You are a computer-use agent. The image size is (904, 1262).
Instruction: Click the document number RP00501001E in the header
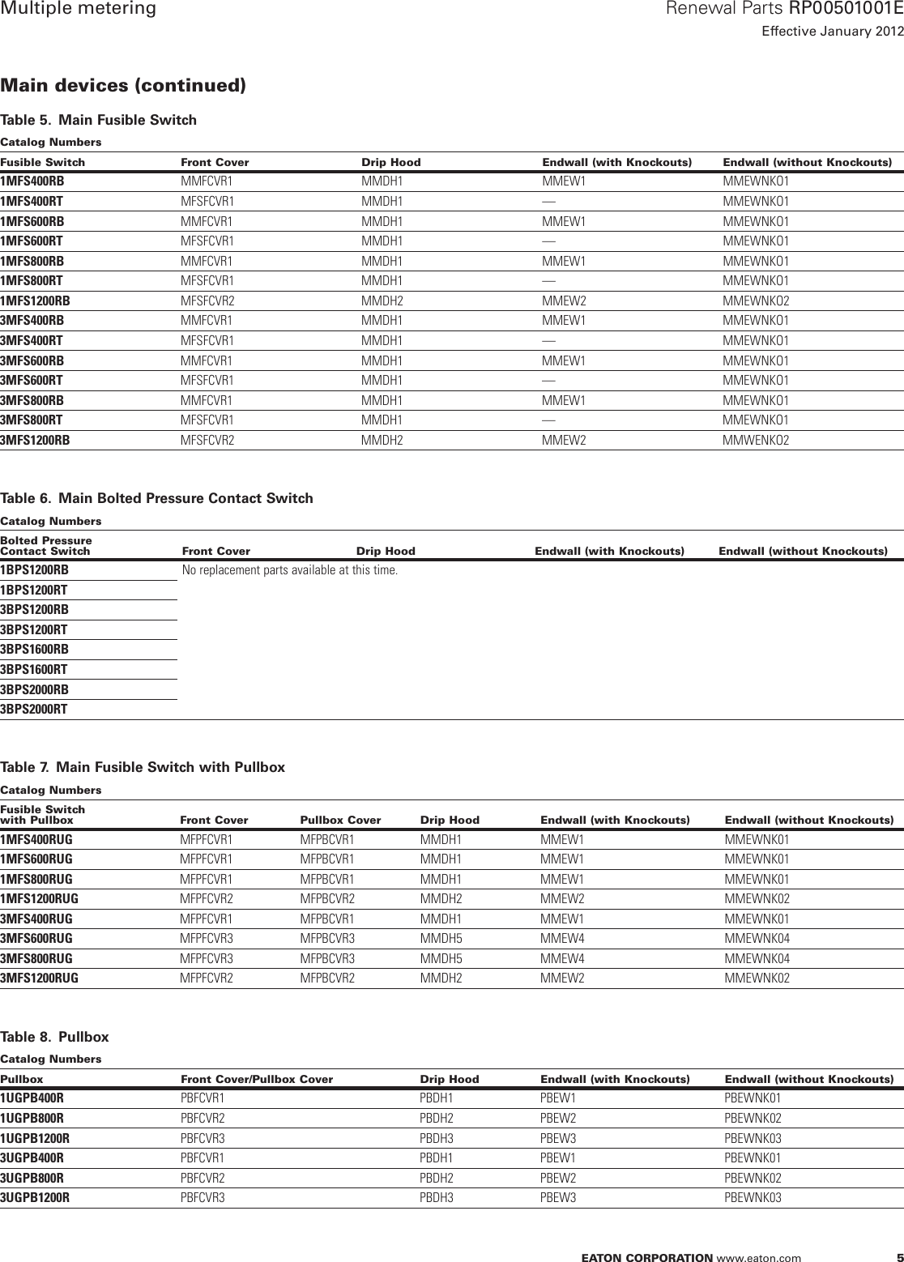tap(846, 10)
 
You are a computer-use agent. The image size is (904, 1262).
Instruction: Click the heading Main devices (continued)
tap(123, 85)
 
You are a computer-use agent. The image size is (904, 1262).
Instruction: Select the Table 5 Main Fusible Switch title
tap(98, 121)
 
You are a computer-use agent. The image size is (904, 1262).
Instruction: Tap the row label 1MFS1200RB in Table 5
tap(35, 301)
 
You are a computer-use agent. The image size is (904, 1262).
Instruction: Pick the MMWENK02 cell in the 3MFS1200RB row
tap(756, 441)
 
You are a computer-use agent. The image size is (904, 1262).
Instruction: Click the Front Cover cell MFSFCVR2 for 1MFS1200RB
tap(207, 301)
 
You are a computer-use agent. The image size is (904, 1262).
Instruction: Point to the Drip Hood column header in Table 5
tap(390, 162)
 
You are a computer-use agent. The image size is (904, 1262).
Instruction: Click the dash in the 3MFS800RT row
tap(548, 420)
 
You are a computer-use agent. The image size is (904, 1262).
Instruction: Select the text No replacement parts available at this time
tap(290, 570)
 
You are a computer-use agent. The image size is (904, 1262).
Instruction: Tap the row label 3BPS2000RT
tap(34, 710)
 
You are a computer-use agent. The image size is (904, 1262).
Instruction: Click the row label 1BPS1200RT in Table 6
tap(34, 590)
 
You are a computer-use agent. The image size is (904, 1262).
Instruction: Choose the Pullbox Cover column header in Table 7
tap(340, 820)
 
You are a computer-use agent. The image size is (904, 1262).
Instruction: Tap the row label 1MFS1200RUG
tap(40, 899)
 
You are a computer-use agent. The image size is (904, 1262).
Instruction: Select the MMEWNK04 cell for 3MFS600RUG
tap(757, 939)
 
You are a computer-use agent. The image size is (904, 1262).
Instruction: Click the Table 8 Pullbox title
tap(54, 1037)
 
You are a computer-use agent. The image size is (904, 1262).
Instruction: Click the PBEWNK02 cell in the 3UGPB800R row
tap(753, 1178)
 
